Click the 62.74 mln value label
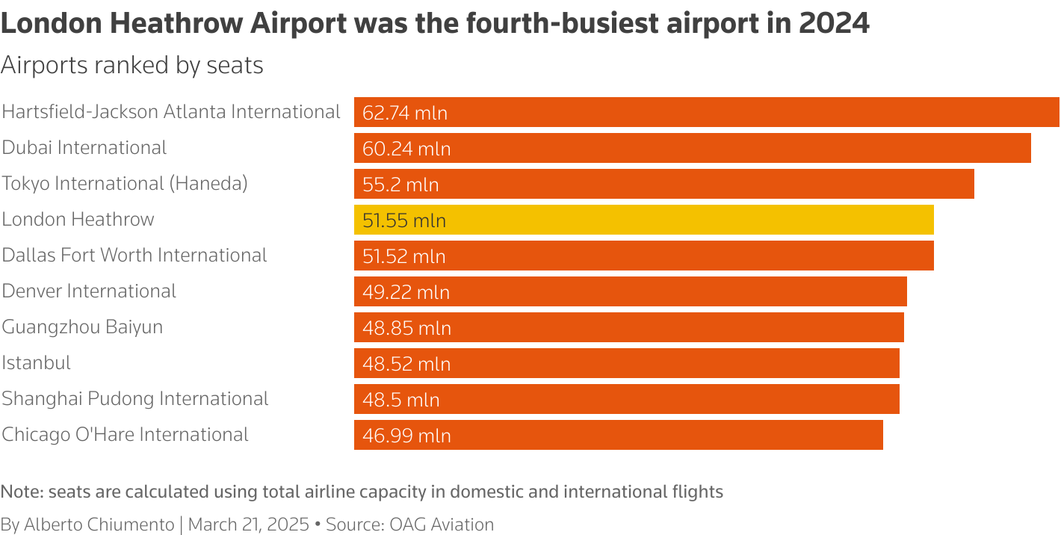click(x=405, y=113)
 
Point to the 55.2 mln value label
click(x=400, y=185)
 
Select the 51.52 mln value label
click(x=404, y=256)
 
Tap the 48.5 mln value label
click(x=401, y=400)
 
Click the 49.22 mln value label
click(x=406, y=292)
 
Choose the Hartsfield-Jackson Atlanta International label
click(x=171, y=112)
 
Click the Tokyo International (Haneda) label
click(x=125, y=184)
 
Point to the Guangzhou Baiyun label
click(x=82, y=327)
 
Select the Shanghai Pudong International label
click(x=135, y=399)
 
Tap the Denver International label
click(x=89, y=291)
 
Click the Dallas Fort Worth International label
click(x=134, y=256)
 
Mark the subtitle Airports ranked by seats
click(x=132, y=66)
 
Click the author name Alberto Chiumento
click(x=99, y=525)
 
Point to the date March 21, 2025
click(x=249, y=525)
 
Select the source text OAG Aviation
click(x=442, y=525)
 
